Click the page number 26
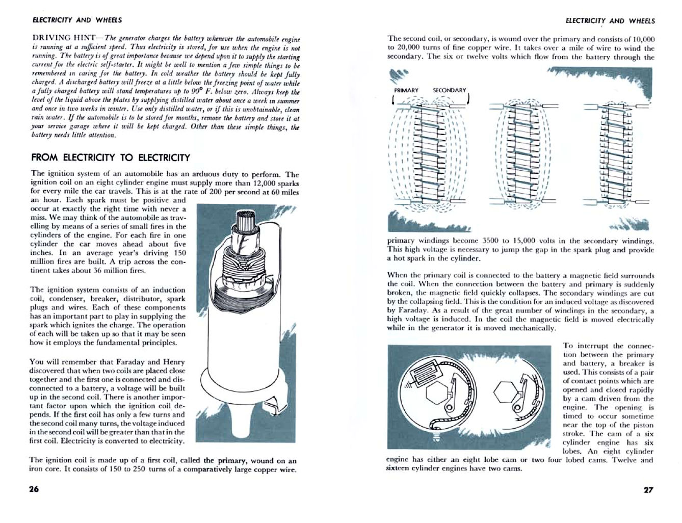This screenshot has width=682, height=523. (x=34, y=489)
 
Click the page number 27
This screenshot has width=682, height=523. (x=648, y=490)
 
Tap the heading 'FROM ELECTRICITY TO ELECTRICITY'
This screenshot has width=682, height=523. (x=111, y=158)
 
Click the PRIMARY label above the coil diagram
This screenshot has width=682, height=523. (x=406, y=90)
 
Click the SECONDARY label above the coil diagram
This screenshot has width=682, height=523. (x=449, y=90)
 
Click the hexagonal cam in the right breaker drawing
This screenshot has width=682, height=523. (x=505, y=391)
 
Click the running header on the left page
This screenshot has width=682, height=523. (x=77, y=20)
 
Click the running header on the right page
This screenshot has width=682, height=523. (x=610, y=20)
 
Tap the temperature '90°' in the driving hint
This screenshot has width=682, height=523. (x=205, y=92)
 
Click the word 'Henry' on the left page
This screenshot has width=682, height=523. (x=174, y=362)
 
